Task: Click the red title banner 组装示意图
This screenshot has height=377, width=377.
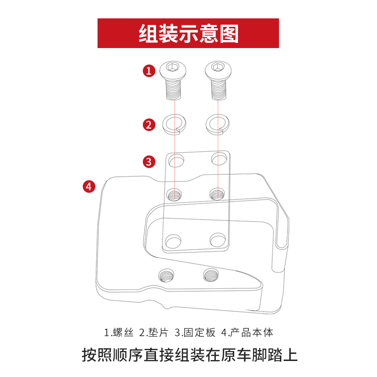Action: (188, 33)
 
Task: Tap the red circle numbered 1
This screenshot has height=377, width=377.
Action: (149, 71)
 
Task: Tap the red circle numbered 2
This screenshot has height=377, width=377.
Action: (149, 125)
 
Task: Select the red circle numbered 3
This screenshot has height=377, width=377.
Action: (149, 162)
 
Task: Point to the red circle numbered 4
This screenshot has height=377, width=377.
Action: (89, 186)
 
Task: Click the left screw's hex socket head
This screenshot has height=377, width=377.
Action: (174, 68)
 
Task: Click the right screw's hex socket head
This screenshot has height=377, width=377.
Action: (218, 68)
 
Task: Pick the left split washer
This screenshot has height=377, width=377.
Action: (175, 124)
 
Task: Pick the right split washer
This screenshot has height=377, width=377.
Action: (218, 124)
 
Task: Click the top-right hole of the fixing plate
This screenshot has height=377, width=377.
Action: (219, 159)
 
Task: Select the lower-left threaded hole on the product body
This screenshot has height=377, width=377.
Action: (166, 274)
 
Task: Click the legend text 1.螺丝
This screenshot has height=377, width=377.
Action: (119, 333)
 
